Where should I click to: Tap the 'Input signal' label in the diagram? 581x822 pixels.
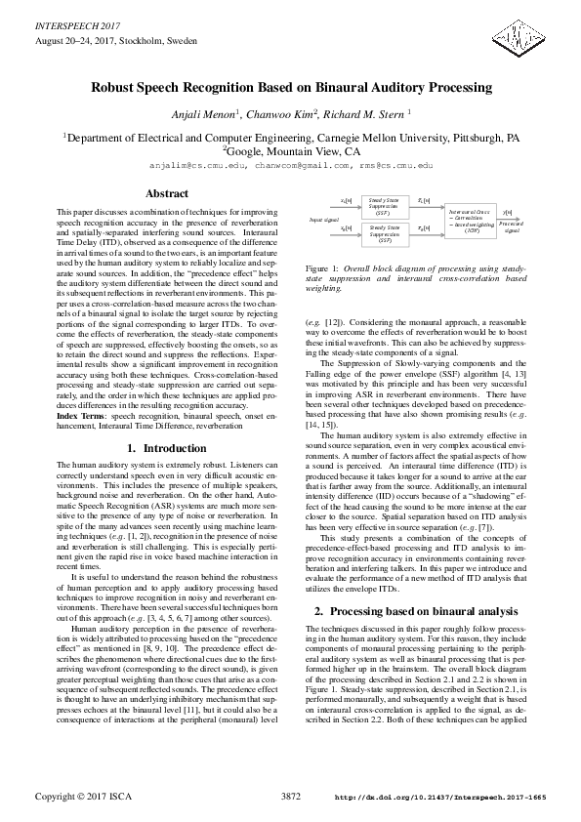coord(323,221)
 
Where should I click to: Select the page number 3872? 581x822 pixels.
coord(290,798)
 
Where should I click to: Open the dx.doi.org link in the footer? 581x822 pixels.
coord(439,799)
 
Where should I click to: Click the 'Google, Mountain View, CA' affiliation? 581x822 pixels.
coord(290,151)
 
